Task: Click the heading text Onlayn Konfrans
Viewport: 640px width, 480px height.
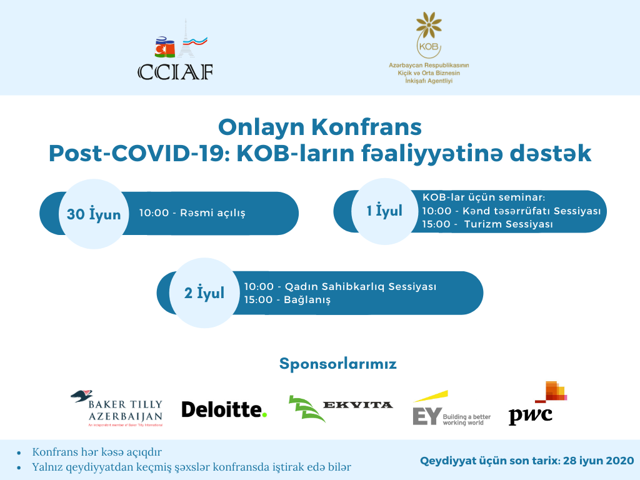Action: (319, 127)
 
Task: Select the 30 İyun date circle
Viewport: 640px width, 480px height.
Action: (93, 214)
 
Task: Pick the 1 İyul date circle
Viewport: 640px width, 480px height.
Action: (384, 211)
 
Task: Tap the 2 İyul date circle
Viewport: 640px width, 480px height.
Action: (204, 292)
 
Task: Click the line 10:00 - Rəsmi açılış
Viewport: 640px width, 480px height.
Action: (192, 213)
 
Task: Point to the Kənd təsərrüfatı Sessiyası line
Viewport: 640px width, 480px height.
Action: (511, 211)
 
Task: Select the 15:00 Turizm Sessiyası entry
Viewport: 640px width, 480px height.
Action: (487, 224)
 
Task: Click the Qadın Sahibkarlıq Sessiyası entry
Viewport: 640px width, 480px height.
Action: (340, 287)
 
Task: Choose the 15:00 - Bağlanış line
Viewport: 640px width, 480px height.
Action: (287, 300)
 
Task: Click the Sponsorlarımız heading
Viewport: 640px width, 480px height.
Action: (337, 364)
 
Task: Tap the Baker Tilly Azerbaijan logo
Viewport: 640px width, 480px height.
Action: (117, 408)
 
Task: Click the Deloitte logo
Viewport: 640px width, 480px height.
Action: (224, 409)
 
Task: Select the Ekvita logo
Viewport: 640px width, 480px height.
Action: (341, 407)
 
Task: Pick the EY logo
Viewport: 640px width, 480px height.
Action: (451, 409)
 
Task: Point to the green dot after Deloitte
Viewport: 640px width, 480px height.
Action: (264, 414)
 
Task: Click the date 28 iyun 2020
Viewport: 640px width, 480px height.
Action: (598, 461)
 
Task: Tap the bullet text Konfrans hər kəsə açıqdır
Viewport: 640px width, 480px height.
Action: (101, 452)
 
